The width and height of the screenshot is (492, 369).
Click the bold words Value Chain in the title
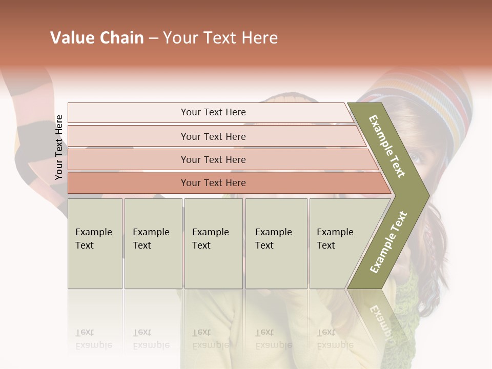pos(97,38)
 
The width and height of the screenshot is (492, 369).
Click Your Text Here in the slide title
pos(220,38)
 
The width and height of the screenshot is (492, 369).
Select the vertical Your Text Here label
pos(59,147)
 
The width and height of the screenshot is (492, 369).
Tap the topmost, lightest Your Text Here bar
pos(213,112)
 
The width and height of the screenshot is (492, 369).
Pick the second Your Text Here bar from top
pos(213,136)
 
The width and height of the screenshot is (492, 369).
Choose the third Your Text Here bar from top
pos(213,159)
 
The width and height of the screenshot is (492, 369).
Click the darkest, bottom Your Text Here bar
pos(213,183)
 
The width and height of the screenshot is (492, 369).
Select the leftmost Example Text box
pos(95,243)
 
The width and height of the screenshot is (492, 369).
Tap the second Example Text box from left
pos(153,243)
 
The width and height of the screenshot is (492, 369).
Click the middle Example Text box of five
pos(213,243)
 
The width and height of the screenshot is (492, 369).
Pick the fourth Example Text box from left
pos(276,243)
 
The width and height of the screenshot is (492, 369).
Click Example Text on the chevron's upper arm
pos(387,146)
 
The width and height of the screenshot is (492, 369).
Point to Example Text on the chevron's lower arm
pos(388,242)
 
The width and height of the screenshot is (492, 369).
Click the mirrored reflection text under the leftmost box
pos(93,339)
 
